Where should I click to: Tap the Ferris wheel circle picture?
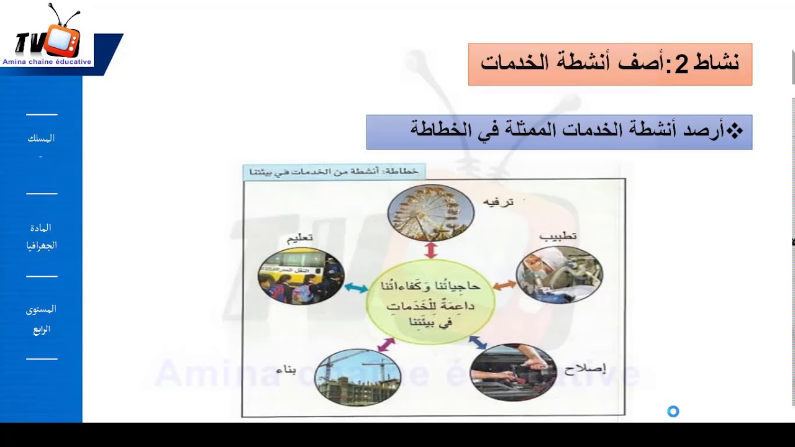pos(430,212)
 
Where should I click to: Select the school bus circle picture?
pos(301,276)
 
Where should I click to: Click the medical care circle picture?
pos(559,274)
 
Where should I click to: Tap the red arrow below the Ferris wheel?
pos(430,250)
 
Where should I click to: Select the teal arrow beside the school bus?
pos(356,287)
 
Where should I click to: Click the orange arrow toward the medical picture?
pos(504,285)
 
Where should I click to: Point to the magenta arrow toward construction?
pos(386,344)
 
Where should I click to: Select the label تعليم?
pos(299,239)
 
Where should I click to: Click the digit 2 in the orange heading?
pos(681,65)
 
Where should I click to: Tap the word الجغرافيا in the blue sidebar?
pos(42,245)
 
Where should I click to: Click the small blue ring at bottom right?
pos(673,411)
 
